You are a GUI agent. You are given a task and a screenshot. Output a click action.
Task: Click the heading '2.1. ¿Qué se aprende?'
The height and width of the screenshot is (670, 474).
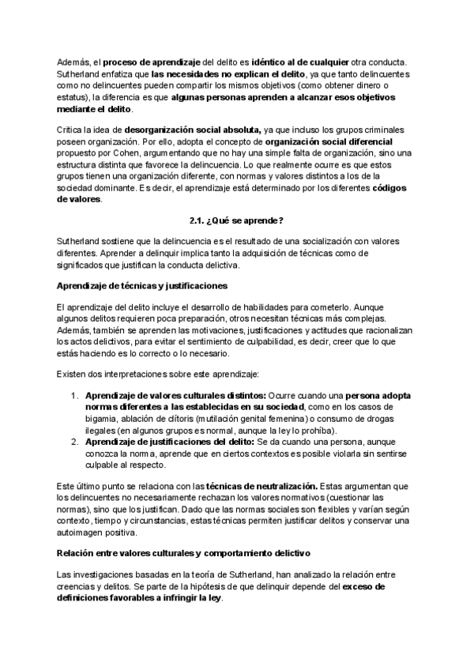tap(237, 219)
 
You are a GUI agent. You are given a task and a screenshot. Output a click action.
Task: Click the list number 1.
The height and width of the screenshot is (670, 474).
tap(74, 394)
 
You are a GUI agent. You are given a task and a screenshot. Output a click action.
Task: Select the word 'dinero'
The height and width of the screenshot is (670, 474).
tap(374, 85)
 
